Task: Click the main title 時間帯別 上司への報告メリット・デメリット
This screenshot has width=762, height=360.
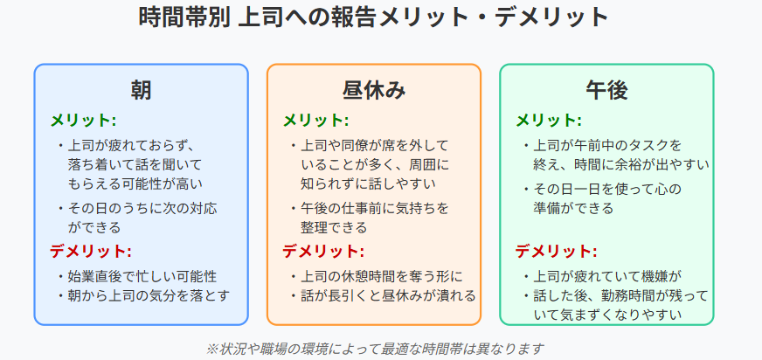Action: click(x=374, y=18)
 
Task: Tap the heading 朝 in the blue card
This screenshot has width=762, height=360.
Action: click(x=141, y=90)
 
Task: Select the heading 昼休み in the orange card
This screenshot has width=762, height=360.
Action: click(x=374, y=90)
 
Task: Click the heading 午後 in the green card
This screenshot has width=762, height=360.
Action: click(x=606, y=90)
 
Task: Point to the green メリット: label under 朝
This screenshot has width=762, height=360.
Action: click(x=83, y=120)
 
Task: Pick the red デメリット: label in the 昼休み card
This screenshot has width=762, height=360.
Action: click(x=323, y=252)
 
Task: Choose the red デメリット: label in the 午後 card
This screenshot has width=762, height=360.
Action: click(x=556, y=252)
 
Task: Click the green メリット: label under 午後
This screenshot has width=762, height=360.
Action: click(x=549, y=120)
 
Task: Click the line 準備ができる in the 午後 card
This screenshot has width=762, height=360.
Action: click(x=573, y=209)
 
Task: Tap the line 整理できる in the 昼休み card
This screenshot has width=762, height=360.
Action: click(x=334, y=227)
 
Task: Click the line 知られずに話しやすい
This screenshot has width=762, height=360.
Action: click(x=368, y=184)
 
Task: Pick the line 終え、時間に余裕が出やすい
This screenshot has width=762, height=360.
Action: click(x=621, y=165)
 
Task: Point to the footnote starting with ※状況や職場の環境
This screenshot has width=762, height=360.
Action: click(x=375, y=349)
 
